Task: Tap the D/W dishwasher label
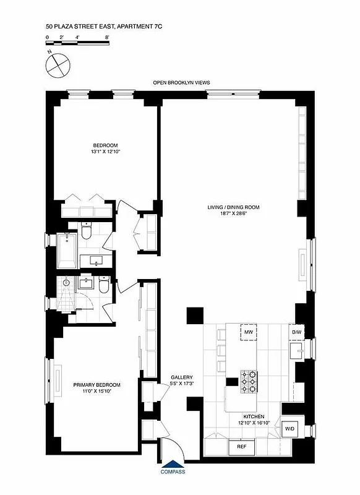(x=297, y=333)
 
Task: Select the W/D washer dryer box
(x=290, y=428)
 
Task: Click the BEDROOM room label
(x=101, y=145)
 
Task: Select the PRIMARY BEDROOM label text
(x=96, y=384)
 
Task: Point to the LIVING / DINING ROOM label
(x=233, y=208)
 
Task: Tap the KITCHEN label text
(x=254, y=417)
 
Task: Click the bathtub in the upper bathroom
(x=67, y=250)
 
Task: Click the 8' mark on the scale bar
(x=107, y=38)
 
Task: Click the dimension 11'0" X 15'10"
(x=96, y=390)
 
